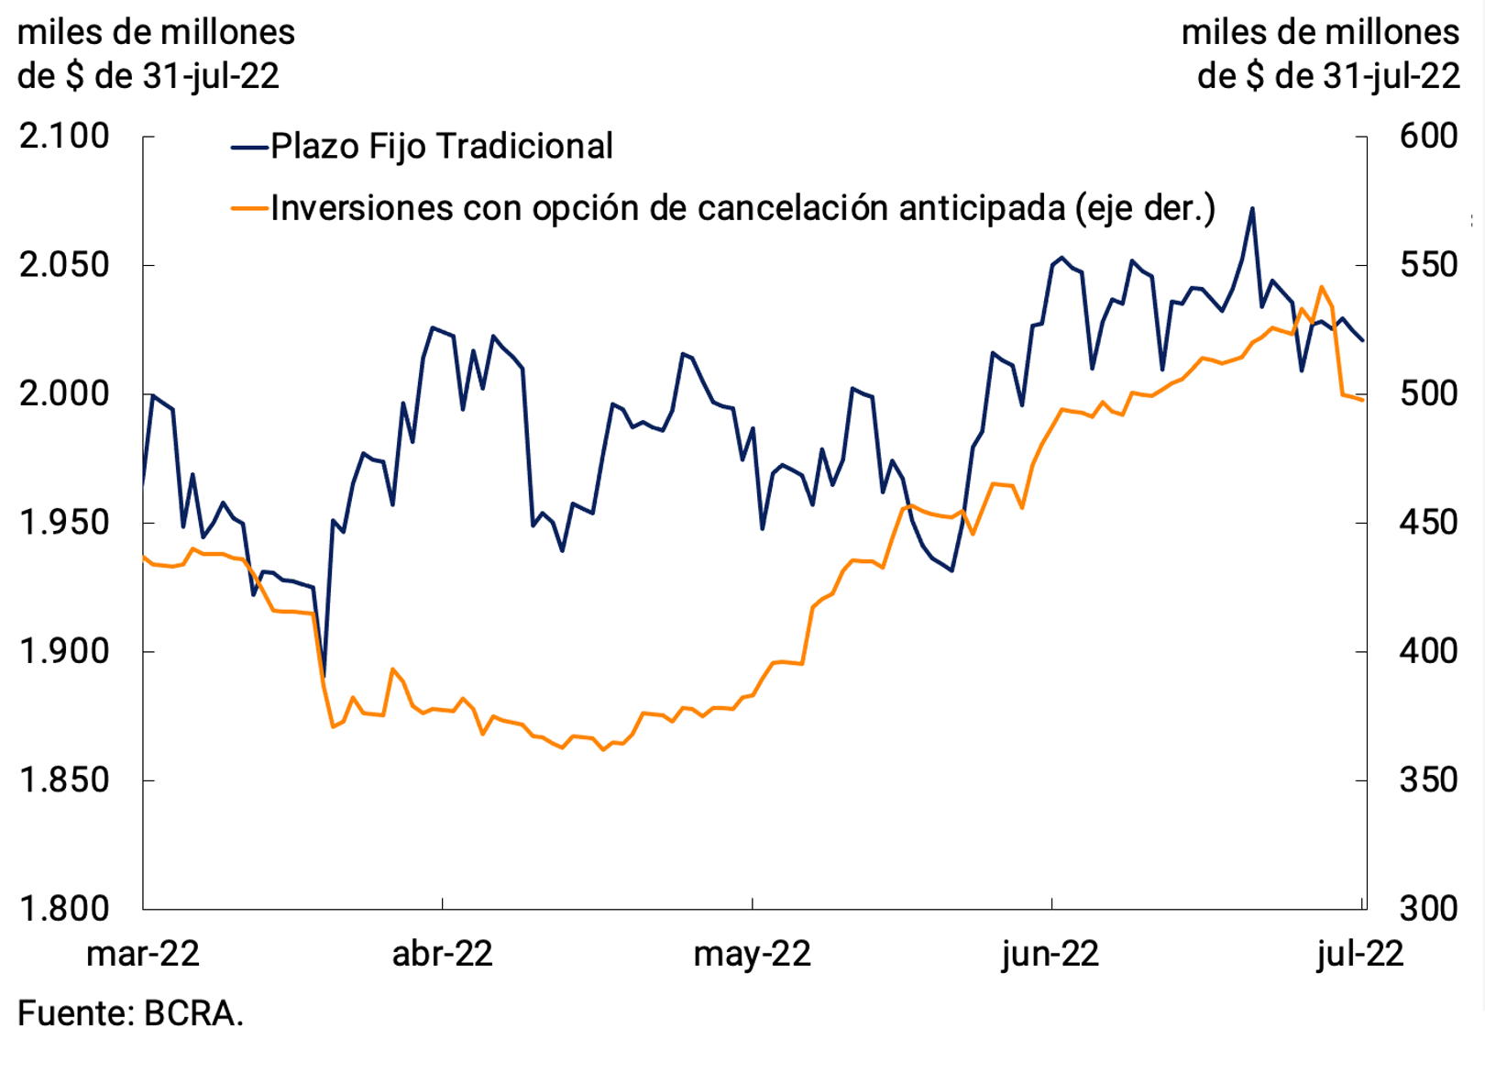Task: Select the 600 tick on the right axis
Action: coord(1428,137)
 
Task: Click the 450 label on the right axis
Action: coord(1428,523)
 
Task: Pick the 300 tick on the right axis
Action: coord(1428,909)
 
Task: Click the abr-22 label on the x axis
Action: coord(442,954)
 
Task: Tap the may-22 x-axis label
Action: coord(752,954)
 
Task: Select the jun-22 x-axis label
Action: coord(1050,954)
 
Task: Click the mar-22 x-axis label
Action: coord(143,954)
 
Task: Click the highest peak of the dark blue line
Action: coord(1252,209)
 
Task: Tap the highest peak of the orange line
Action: coord(1322,287)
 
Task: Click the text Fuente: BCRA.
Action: coord(130,1013)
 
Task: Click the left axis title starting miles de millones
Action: coord(156,53)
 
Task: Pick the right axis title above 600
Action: coord(1320,53)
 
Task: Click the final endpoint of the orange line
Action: coord(1363,399)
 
